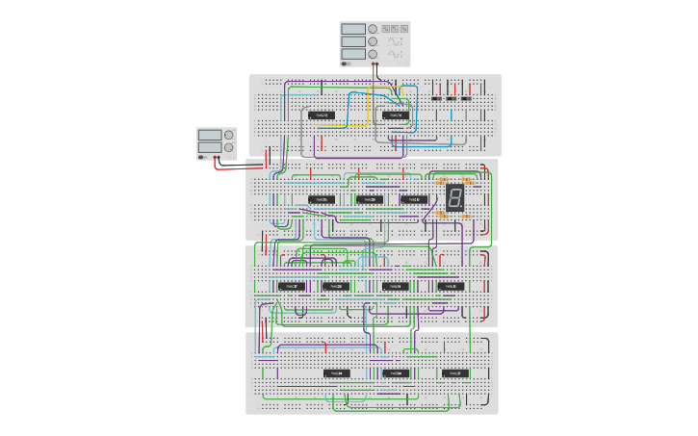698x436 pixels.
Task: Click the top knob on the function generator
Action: click(373, 29)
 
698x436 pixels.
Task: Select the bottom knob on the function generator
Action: click(373, 55)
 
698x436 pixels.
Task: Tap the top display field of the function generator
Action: click(352, 29)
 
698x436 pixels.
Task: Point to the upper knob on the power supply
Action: click(229, 135)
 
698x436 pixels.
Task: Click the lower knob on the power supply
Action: click(229, 147)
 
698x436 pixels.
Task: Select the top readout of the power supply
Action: click(210, 135)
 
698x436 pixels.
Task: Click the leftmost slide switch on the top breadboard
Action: click(436, 98)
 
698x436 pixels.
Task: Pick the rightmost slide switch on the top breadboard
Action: click(467, 98)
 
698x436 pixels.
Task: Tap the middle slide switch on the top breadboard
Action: click(452, 98)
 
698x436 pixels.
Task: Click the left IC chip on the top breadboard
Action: click(322, 115)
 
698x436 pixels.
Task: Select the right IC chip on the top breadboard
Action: click(395, 115)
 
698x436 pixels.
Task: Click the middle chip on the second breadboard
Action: click(370, 199)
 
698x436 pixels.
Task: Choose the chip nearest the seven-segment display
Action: click(414, 199)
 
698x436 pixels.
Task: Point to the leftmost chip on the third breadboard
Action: click(291, 286)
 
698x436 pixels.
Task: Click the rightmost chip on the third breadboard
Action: click(450, 286)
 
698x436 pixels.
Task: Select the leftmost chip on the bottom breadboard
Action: click(336, 372)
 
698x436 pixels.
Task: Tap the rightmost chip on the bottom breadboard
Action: click(455, 372)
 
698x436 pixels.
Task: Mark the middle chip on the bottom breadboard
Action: click(396, 372)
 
